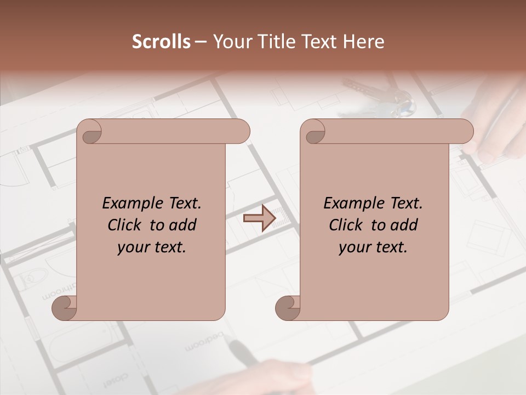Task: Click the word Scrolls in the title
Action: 161,42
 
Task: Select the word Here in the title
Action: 364,42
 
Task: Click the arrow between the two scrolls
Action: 259,219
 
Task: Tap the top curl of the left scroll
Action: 89,132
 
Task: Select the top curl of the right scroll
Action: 313,132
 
